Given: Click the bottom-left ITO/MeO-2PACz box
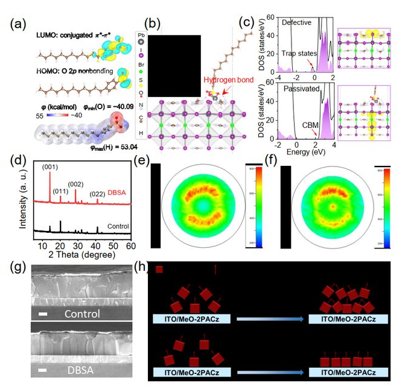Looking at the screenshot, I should click(191, 373).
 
